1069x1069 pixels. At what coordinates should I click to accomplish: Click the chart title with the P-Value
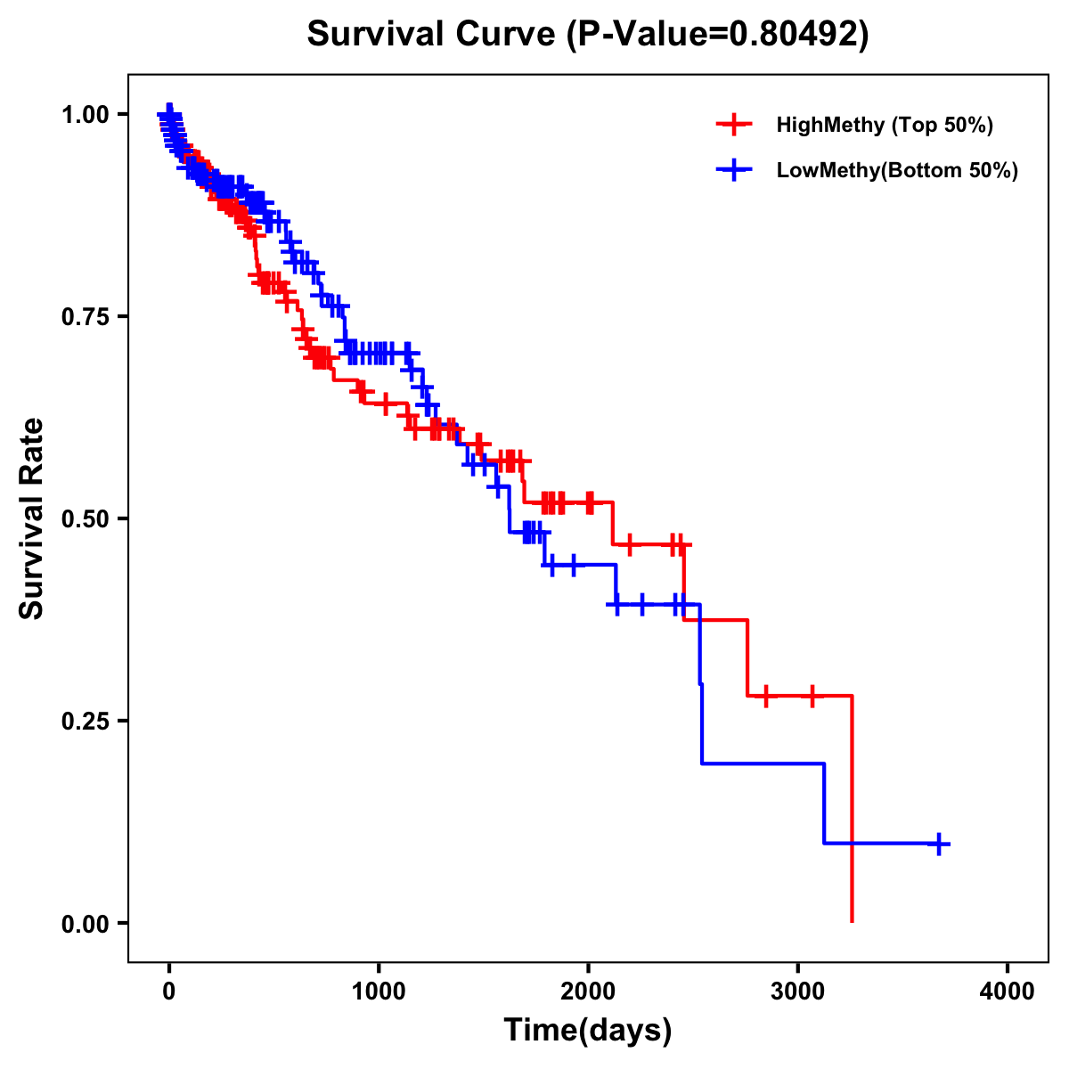pos(588,34)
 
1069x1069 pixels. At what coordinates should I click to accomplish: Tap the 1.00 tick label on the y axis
pos(85,114)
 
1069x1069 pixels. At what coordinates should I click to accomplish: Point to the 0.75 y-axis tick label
pos(85,316)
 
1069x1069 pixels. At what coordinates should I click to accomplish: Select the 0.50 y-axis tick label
pos(85,518)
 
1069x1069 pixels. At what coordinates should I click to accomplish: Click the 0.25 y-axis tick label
pos(85,721)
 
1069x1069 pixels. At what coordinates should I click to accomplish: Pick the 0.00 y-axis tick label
pos(85,923)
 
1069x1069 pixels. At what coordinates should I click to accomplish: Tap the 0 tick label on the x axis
pos(169,991)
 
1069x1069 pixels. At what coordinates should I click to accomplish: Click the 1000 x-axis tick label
pos(379,991)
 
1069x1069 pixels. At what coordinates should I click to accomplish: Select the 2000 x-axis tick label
pos(588,991)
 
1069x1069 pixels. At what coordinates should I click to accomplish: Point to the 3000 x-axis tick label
pos(798,991)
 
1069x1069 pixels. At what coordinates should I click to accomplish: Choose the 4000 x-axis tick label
pos(1008,991)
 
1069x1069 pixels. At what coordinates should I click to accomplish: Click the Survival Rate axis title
pos(32,518)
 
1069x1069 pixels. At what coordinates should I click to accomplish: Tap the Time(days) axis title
pos(588,1031)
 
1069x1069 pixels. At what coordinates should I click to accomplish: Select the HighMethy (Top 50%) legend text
pos(884,125)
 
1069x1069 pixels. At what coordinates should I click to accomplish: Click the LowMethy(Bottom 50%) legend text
pos(897,170)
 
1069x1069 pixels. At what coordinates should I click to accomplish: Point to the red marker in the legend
pos(733,125)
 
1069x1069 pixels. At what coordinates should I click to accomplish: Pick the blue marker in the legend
pos(733,170)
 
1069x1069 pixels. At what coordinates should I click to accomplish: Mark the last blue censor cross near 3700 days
pos(938,843)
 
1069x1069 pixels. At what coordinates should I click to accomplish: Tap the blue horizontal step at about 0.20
pos(763,763)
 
